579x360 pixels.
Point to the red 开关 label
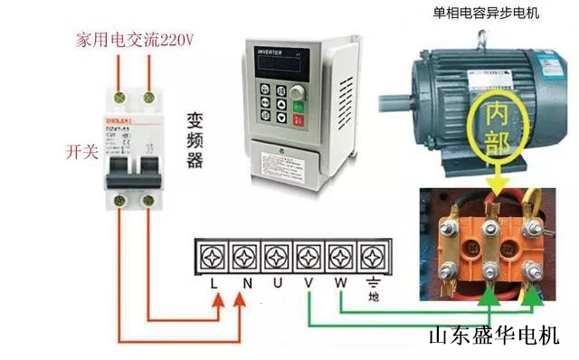[x=81, y=149]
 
